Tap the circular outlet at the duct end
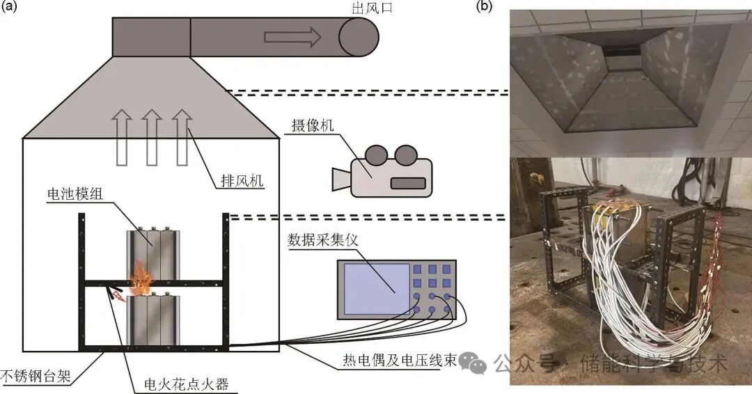click(x=359, y=36)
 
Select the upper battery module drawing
click(x=152, y=251)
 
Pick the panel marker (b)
click(x=485, y=8)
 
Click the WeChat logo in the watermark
click(x=476, y=361)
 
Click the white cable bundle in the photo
click(x=627, y=292)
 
